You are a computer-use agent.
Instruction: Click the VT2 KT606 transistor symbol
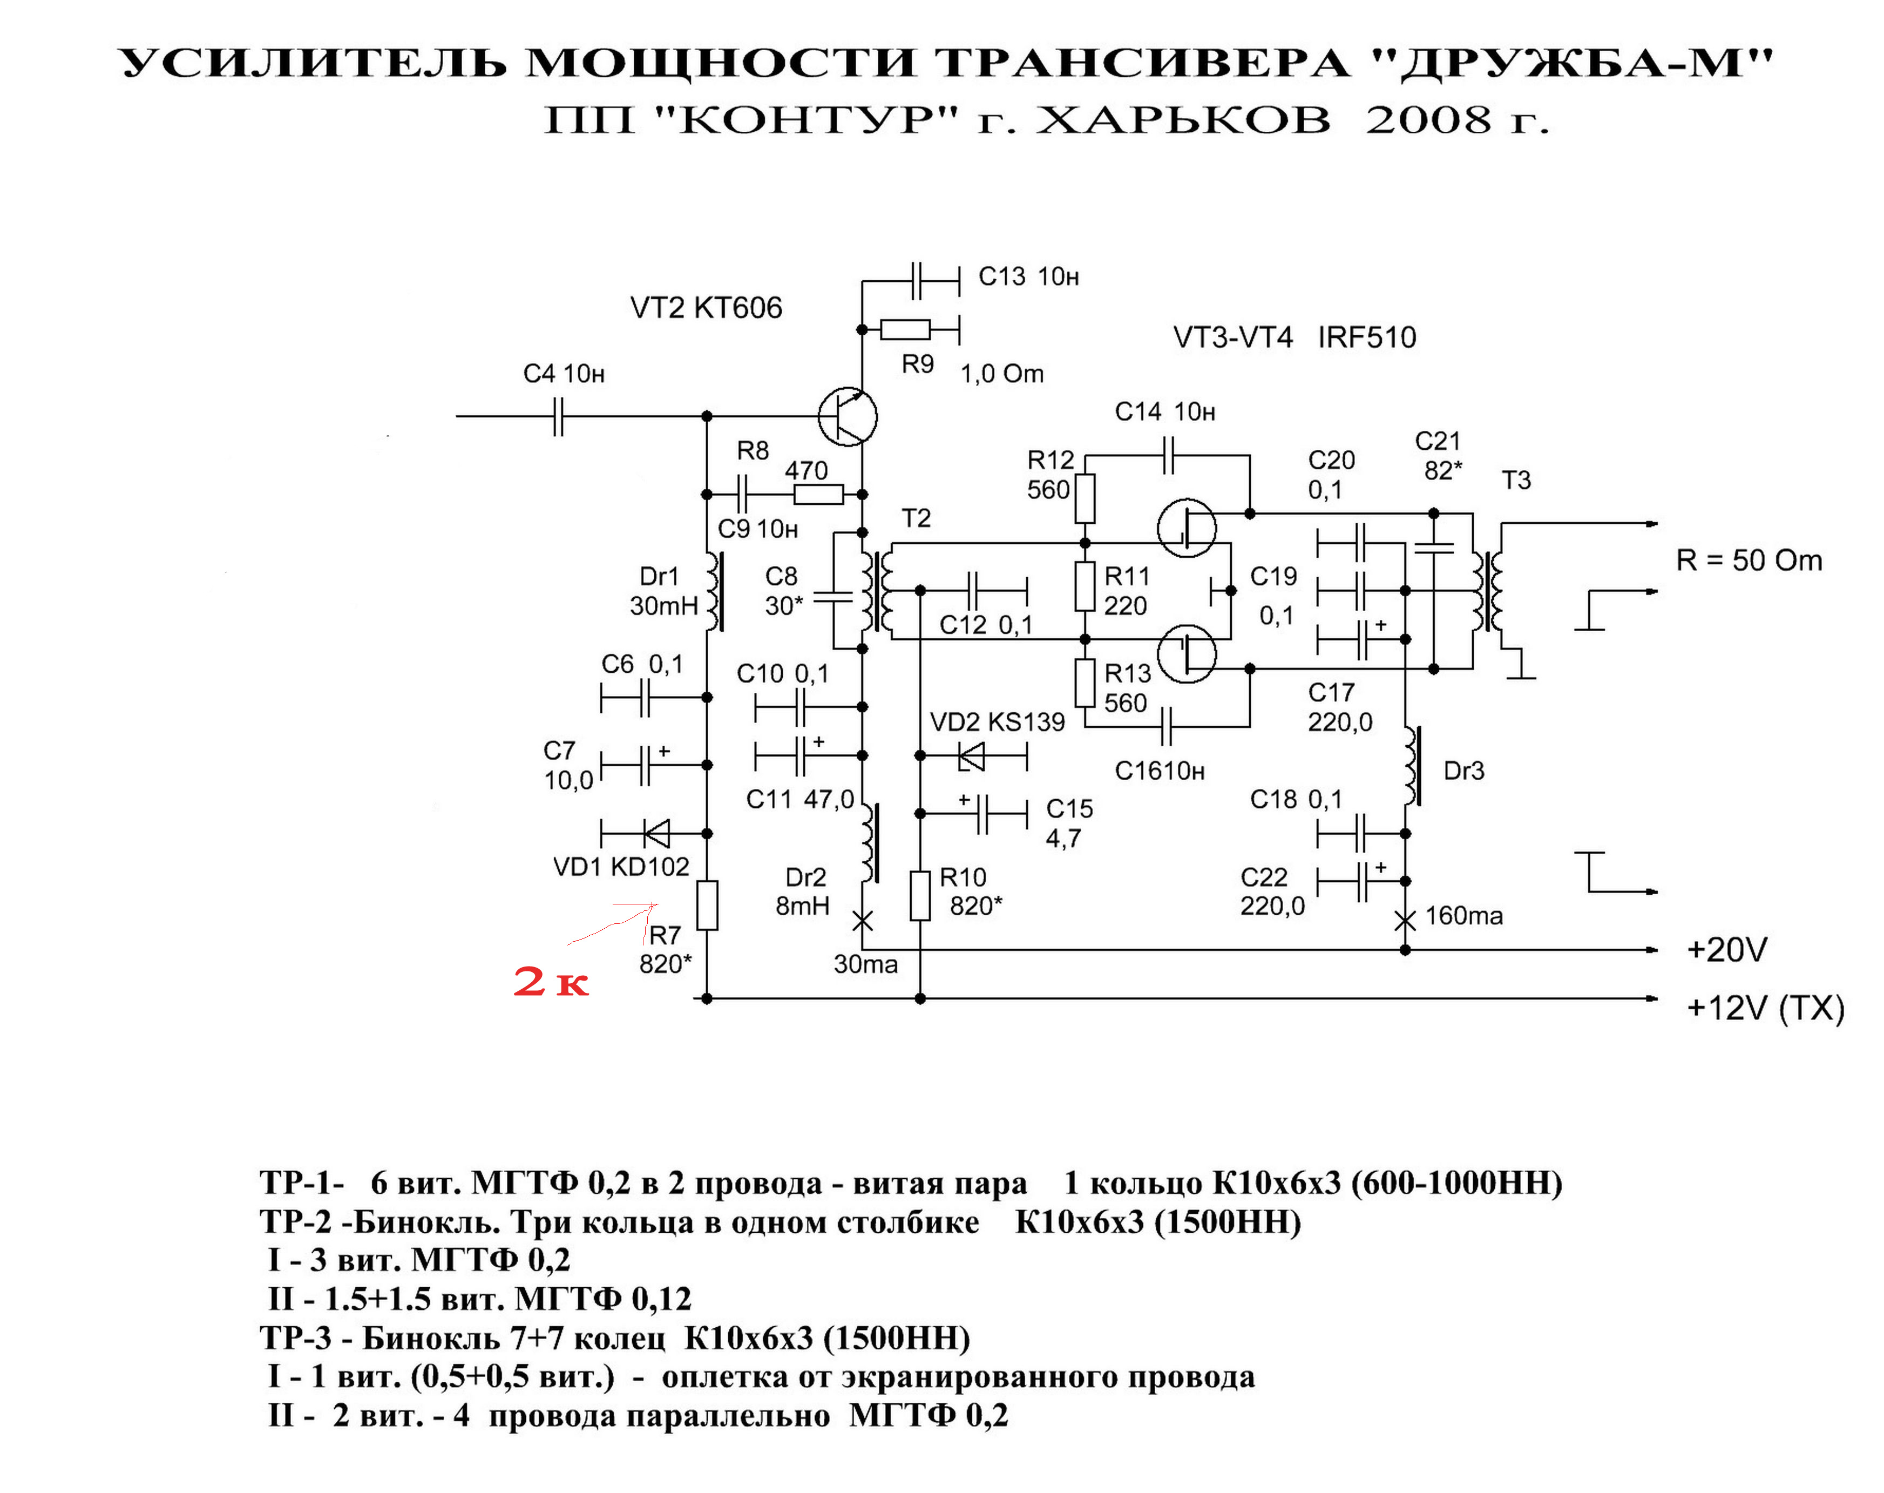coord(848,416)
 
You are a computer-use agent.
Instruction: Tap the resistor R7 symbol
coord(707,906)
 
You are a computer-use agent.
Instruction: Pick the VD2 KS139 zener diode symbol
coord(971,756)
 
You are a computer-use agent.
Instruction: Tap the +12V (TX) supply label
coord(1766,1009)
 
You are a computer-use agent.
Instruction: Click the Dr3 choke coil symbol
coord(1411,766)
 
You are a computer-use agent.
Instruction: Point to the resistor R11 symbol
coord(1085,586)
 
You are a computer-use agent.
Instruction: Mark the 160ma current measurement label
coord(1465,916)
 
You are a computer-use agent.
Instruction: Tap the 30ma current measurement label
coord(866,964)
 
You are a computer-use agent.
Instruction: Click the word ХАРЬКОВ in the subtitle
coord(1184,120)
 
